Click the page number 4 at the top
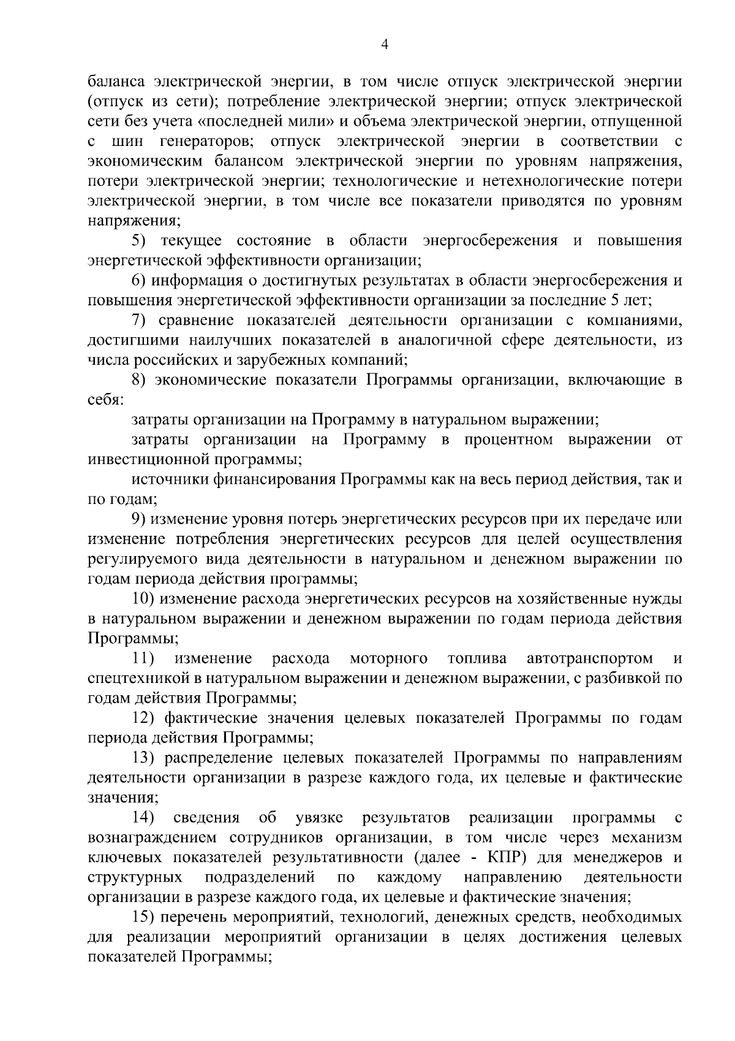[385, 43]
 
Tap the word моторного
[388, 658]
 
